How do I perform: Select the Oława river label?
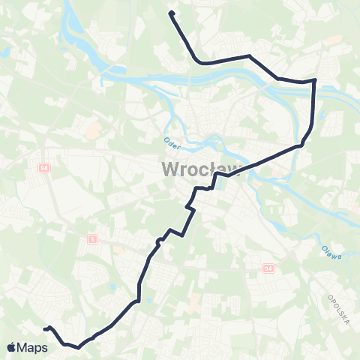coord(331,253)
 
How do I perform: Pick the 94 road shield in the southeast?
coord(269,268)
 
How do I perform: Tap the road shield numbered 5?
coord(91,238)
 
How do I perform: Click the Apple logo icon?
coord(12,347)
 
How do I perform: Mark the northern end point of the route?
coord(172,13)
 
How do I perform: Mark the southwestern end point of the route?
coord(46,328)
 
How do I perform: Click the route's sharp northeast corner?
coord(314,79)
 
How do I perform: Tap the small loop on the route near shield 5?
coord(158,241)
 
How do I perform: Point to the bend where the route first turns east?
coord(196,60)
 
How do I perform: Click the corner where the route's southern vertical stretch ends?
coord(138,301)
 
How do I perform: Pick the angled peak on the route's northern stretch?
coord(250,55)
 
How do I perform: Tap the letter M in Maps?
coord(23,347)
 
